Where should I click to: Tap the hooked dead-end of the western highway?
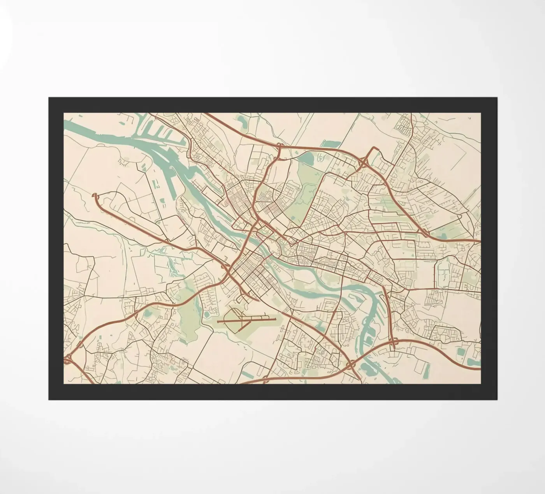95,196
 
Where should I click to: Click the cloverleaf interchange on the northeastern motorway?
366,160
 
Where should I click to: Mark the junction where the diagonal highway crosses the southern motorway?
350,365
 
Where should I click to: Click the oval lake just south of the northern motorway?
306,158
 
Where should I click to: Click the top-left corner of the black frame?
49,98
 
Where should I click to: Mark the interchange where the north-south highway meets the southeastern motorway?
393,343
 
